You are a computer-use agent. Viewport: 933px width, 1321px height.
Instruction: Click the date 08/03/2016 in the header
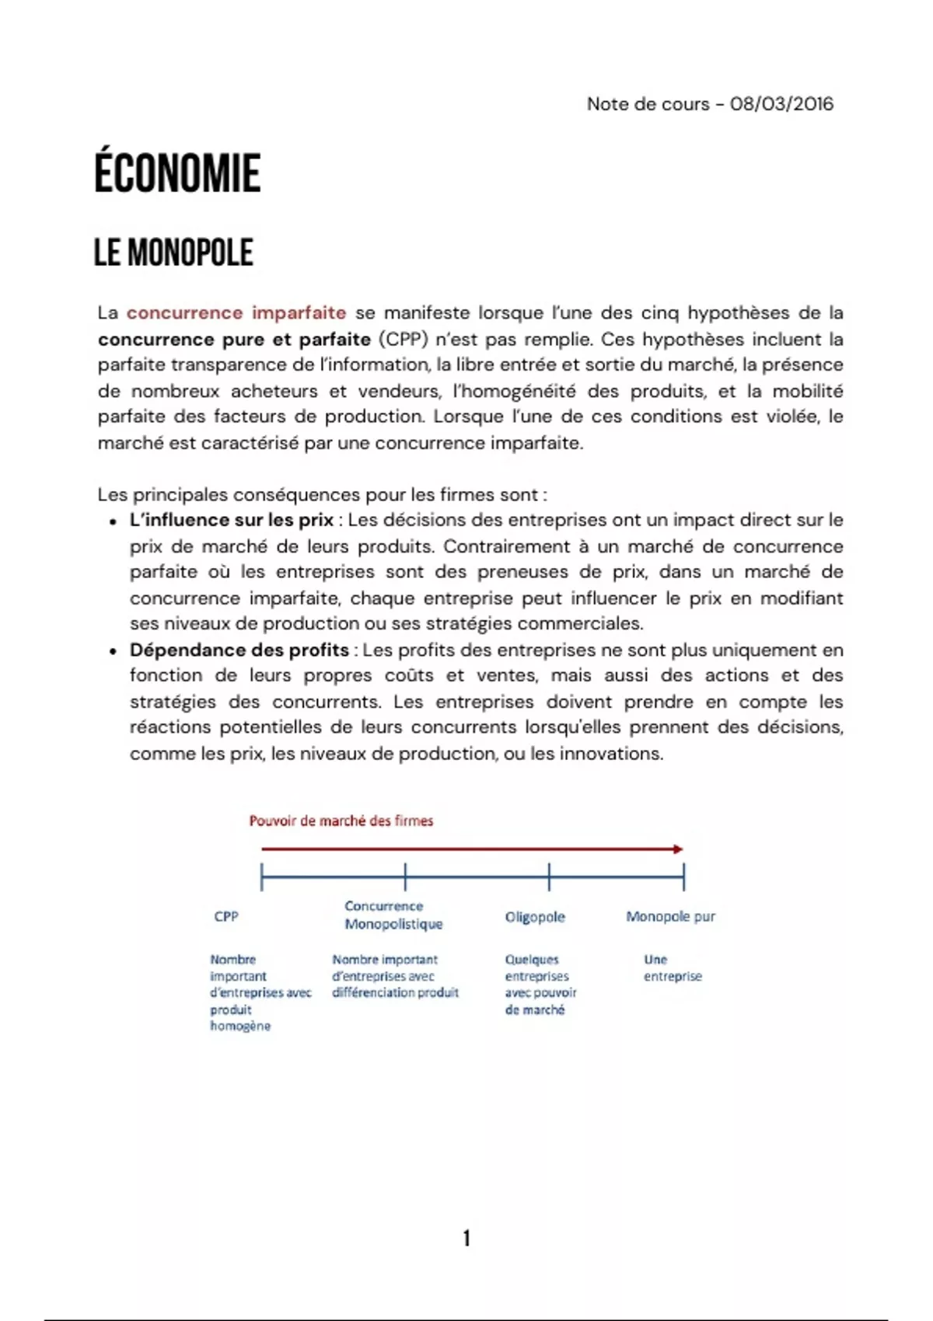pyautogui.click(x=781, y=104)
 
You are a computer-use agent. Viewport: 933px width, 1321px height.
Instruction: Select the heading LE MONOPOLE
pyautogui.click(x=173, y=253)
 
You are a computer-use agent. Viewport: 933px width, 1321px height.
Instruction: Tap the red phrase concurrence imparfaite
pyautogui.click(x=236, y=313)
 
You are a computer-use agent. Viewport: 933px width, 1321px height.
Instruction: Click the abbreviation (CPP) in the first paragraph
pyautogui.click(x=404, y=340)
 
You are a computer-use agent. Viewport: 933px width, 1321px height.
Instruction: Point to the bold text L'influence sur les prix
pyautogui.click(x=231, y=520)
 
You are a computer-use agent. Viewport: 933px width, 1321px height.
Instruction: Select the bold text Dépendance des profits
pyautogui.click(x=239, y=650)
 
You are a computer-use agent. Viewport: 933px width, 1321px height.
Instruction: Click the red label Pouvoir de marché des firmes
pyautogui.click(x=341, y=821)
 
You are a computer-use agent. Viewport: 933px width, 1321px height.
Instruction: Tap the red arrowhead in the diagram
pyautogui.click(x=678, y=849)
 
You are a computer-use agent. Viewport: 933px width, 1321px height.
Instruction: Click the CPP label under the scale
pyautogui.click(x=226, y=917)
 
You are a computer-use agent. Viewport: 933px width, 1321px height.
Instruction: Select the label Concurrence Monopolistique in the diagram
pyautogui.click(x=393, y=915)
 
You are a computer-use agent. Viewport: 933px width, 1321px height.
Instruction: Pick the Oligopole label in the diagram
pyautogui.click(x=535, y=917)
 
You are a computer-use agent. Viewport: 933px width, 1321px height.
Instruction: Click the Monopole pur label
pyautogui.click(x=670, y=917)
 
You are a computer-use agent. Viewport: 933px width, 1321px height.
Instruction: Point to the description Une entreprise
pyautogui.click(x=672, y=968)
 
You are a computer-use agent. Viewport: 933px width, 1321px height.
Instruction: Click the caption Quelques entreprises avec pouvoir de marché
pyautogui.click(x=540, y=985)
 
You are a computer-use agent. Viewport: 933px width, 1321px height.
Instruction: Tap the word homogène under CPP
pyautogui.click(x=240, y=1026)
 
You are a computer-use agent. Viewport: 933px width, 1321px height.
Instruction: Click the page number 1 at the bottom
pyautogui.click(x=466, y=1238)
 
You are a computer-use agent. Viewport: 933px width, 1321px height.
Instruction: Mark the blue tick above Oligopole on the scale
pyautogui.click(x=549, y=877)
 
